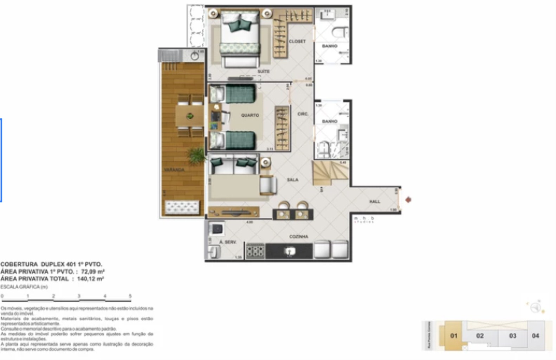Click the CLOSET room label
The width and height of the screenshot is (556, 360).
click(x=297, y=41)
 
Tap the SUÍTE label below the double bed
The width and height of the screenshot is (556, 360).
click(x=263, y=71)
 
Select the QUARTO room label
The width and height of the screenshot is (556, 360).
click(x=250, y=115)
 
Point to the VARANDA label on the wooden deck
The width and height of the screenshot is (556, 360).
click(x=174, y=170)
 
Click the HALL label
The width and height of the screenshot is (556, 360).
click(x=375, y=201)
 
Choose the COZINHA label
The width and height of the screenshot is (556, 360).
click(x=298, y=237)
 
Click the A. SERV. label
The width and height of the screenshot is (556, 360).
click(x=228, y=242)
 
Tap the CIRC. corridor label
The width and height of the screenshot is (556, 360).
click(x=303, y=114)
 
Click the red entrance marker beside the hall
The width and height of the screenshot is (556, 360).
click(x=408, y=200)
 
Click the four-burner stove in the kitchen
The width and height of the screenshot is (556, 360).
click(x=255, y=251)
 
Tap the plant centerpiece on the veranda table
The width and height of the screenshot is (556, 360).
click(x=190, y=116)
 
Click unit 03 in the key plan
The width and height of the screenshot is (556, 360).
click(x=512, y=336)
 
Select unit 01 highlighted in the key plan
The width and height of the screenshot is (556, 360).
click(x=454, y=336)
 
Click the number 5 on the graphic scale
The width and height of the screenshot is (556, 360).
click(x=130, y=296)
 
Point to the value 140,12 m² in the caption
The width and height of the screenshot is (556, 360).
click(x=90, y=279)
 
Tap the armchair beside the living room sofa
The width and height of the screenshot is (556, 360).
click(x=268, y=185)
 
